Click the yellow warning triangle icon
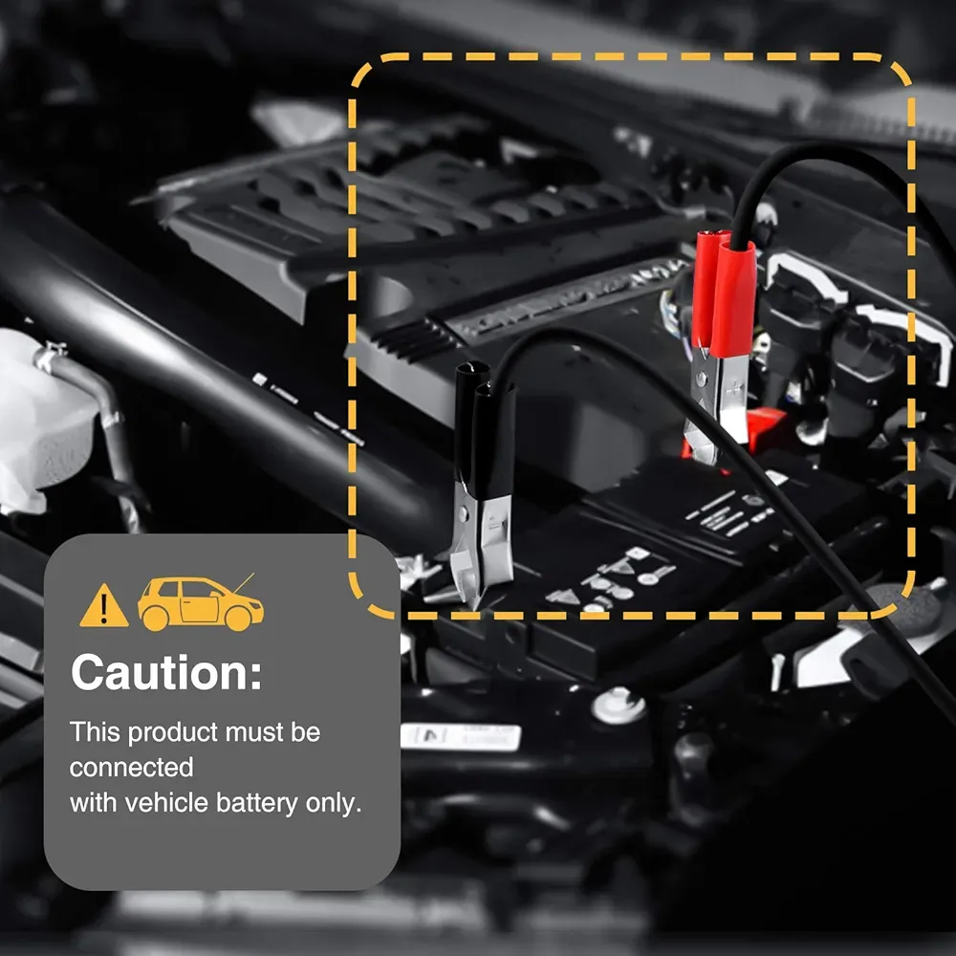[104, 607]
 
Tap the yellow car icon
[201, 602]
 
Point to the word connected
[131, 767]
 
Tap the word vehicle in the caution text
[167, 802]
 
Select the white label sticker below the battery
[461, 736]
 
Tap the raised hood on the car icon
[243, 583]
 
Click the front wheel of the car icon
[238, 619]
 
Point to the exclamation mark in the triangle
[104, 608]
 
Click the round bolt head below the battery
[619, 705]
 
